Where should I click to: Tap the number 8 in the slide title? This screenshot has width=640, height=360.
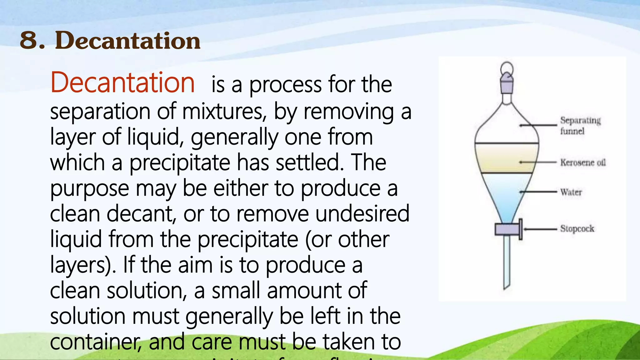[30, 40]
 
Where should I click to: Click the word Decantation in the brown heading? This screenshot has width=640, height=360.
[128, 40]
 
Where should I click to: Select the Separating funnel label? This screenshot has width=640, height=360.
[580, 125]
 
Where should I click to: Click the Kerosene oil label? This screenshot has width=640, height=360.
[582, 162]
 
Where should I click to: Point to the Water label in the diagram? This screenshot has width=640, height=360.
[571, 192]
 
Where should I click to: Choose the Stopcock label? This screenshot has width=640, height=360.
[577, 228]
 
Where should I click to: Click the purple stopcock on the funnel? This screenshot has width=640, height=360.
[507, 229]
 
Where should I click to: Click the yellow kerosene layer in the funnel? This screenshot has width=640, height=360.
[507, 158]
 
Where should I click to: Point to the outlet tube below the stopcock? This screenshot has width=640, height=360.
[507, 262]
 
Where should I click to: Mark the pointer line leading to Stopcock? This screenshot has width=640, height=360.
[541, 229]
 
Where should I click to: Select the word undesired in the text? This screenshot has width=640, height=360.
[362, 214]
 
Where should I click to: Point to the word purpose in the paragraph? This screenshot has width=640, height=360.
[89, 189]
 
